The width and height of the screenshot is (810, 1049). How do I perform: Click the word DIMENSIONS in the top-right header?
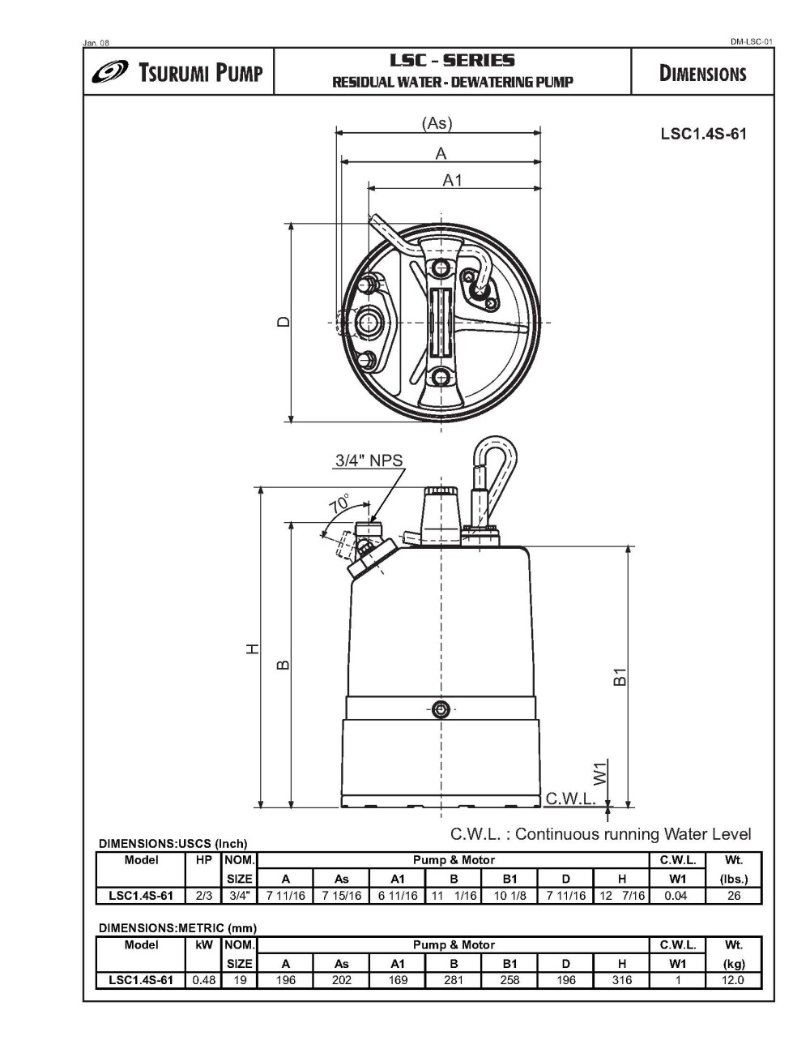click(702, 74)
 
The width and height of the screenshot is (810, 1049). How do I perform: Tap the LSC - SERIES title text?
click(452, 61)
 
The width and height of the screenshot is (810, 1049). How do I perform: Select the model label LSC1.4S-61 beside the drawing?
click(703, 134)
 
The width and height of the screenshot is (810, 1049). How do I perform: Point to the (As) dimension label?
click(437, 123)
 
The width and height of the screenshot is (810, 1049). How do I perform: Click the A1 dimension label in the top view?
click(452, 180)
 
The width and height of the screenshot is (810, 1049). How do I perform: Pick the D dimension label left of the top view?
click(282, 321)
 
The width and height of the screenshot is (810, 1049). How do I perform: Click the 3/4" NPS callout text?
click(369, 460)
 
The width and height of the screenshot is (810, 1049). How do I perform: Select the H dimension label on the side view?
click(253, 649)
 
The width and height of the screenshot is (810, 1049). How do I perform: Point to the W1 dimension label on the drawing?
click(600, 772)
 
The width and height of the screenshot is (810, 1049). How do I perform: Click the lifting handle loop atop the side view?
click(492, 466)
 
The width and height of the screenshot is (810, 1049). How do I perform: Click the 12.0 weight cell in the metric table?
click(733, 979)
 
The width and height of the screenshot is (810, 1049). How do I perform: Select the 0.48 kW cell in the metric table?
click(203, 979)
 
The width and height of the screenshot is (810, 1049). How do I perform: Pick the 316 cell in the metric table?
click(621, 979)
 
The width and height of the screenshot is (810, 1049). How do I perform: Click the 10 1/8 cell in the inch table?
click(509, 896)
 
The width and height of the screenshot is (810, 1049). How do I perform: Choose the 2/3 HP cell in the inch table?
click(203, 896)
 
